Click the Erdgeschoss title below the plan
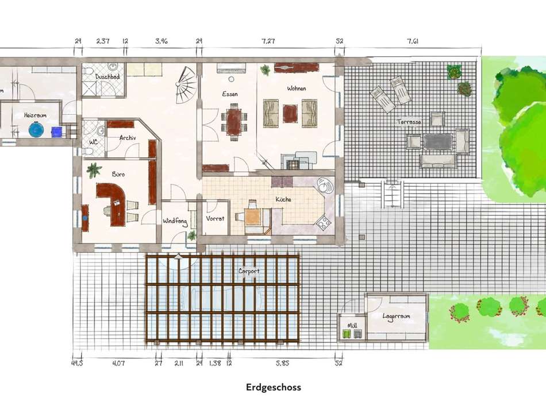click(273, 387)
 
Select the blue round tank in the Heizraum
click(37, 130)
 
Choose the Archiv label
click(128, 138)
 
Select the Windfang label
click(175, 221)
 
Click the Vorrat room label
click(216, 219)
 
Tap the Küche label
click(283, 199)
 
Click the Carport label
click(249, 271)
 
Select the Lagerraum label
click(397, 316)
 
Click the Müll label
click(352, 326)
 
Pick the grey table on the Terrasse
click(438, 141)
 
